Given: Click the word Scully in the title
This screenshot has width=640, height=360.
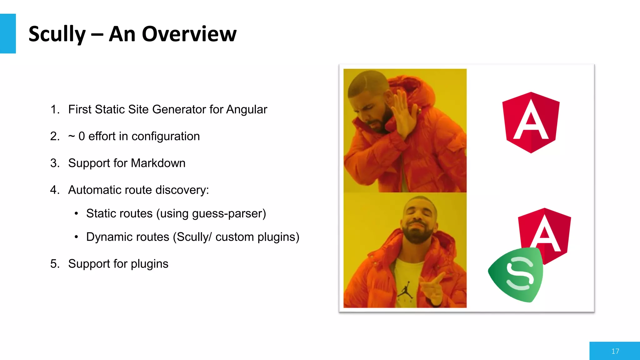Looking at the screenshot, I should (57, 34).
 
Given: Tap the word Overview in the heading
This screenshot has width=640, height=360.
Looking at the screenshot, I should (189, 34).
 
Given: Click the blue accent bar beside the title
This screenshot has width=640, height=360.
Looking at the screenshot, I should (8, 33).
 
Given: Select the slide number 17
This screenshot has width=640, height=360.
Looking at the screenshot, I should (615, 351).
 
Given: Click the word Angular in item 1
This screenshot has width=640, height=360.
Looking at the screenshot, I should (247, 109).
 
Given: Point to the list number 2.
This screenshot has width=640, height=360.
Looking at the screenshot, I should (55, 136).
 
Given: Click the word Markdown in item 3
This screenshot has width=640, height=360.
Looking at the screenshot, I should (158, 163).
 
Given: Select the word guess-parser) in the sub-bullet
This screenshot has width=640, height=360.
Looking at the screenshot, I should (229, 213).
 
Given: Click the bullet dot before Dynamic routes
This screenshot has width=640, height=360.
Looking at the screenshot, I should (76, 237).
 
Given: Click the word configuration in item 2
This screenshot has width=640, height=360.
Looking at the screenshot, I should (165, 137).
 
